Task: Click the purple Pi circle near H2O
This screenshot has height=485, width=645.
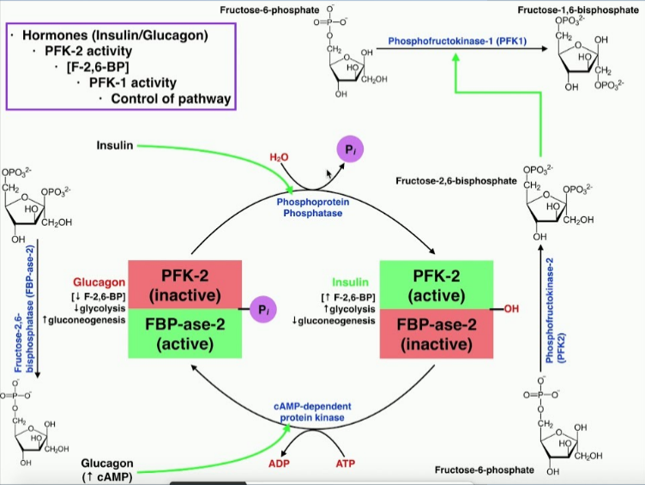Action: [x=349, y=150]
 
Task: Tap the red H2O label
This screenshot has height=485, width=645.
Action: [x=280, y=157]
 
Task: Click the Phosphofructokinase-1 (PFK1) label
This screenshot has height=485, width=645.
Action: [x=449, y=40]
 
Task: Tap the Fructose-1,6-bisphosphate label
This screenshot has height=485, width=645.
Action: [x=576, y=9]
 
